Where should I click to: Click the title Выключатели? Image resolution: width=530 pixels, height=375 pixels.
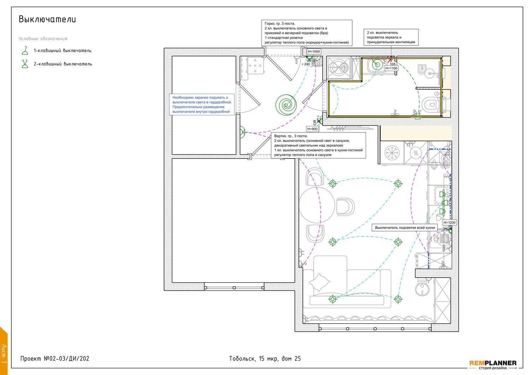point(47,19)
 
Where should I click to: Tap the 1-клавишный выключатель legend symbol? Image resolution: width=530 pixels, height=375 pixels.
point(25,51)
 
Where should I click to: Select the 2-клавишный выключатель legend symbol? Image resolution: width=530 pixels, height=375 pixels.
point(25,64)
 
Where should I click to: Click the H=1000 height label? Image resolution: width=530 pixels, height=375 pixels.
point(314,51)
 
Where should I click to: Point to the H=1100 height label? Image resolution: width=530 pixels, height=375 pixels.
point(391,68)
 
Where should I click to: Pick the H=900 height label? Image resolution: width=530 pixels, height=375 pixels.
point(312,129)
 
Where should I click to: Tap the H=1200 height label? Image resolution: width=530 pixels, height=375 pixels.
point(449,223)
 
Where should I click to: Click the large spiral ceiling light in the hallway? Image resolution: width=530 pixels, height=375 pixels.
point(286,105)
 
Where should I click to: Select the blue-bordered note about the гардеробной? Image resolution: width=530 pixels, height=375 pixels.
point(202,104)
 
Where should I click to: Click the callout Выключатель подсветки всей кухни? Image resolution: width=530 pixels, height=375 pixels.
point(405,227)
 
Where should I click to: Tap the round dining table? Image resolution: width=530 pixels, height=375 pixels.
point(317,205)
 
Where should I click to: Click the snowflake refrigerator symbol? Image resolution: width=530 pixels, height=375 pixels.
point(392,153)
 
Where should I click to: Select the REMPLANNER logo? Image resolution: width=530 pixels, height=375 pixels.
point(493,365)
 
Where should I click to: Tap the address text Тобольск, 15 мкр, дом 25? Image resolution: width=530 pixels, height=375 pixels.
point(265,359)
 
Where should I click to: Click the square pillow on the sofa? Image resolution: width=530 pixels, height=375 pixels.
point(319,282)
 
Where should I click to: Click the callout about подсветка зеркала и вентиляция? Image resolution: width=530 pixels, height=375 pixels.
point(391,37)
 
